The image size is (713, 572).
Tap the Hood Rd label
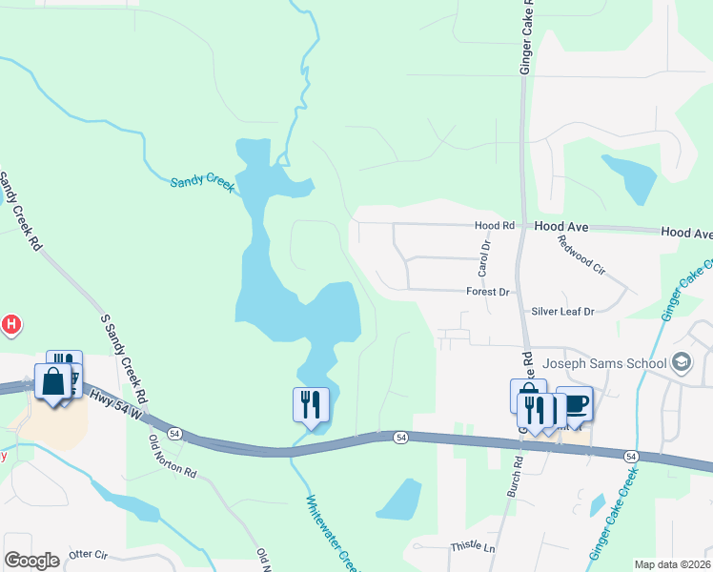coord(495,226)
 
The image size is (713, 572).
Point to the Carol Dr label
coord(485,258)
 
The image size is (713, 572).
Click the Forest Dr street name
coord(488,292)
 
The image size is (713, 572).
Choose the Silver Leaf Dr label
coord(562,311)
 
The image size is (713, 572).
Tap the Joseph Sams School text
coord(604,362)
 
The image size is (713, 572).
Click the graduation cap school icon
coord(681,362)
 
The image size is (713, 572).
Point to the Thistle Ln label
coord(474,547)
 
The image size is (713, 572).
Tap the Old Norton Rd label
coord(173,457)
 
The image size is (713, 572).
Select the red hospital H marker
coord(10,325)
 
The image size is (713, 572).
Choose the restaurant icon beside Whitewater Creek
coord(311,404)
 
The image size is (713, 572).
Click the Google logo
coord(31,561)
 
